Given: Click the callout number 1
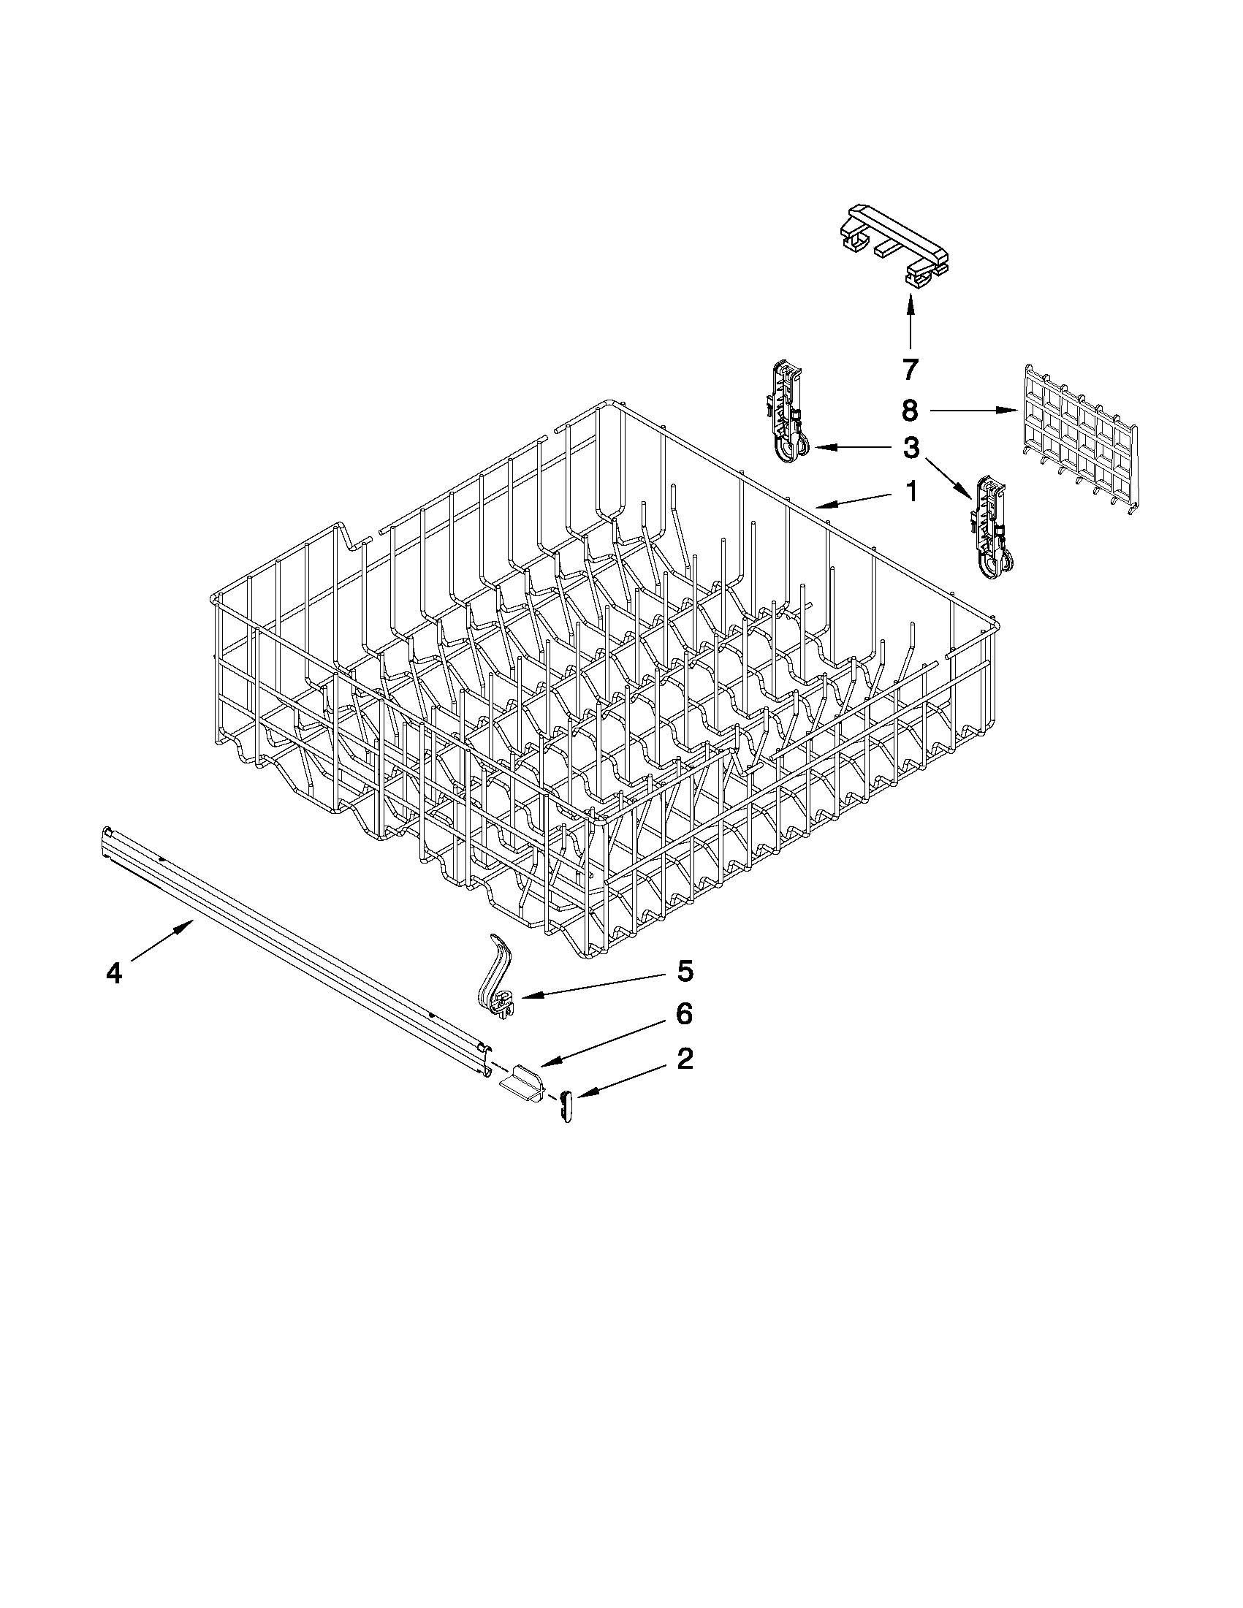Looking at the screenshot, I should [912, 491].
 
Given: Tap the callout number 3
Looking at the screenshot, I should [912, 448].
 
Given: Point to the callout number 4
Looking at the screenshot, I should [113, 973].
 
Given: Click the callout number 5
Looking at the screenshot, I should [684, 972].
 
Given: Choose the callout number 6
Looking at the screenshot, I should [684, 1015].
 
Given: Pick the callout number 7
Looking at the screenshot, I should [911, 369].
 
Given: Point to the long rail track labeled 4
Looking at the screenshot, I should [294, 950].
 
